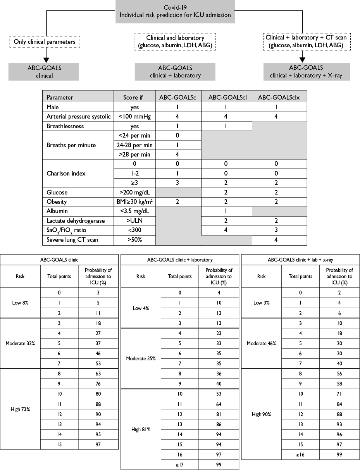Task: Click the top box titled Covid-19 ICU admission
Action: point(175,12)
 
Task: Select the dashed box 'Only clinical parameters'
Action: point(45,41)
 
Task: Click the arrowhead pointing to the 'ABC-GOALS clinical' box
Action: point(46,60)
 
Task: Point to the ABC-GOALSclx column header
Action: point(279,97)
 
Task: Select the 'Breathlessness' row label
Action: point(65,126)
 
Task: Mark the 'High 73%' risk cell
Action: point(20,409)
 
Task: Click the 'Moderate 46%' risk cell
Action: point(261,343)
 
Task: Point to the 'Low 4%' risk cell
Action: point(141,308)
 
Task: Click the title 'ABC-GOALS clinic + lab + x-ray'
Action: point(300,260)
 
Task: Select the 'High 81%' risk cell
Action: point(141,429)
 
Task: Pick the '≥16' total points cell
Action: point(300,454)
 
